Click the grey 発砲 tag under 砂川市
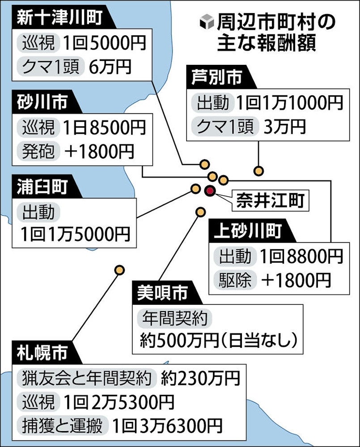pos(38,151)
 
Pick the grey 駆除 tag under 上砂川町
pos(235,280)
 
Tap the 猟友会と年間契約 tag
pos(86,378)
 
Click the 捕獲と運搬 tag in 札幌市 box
pos(62,426)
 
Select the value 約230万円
pos(200,378)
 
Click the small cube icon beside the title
pos(207,22)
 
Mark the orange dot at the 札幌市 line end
pos(119,270)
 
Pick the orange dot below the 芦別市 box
pos(258,171)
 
